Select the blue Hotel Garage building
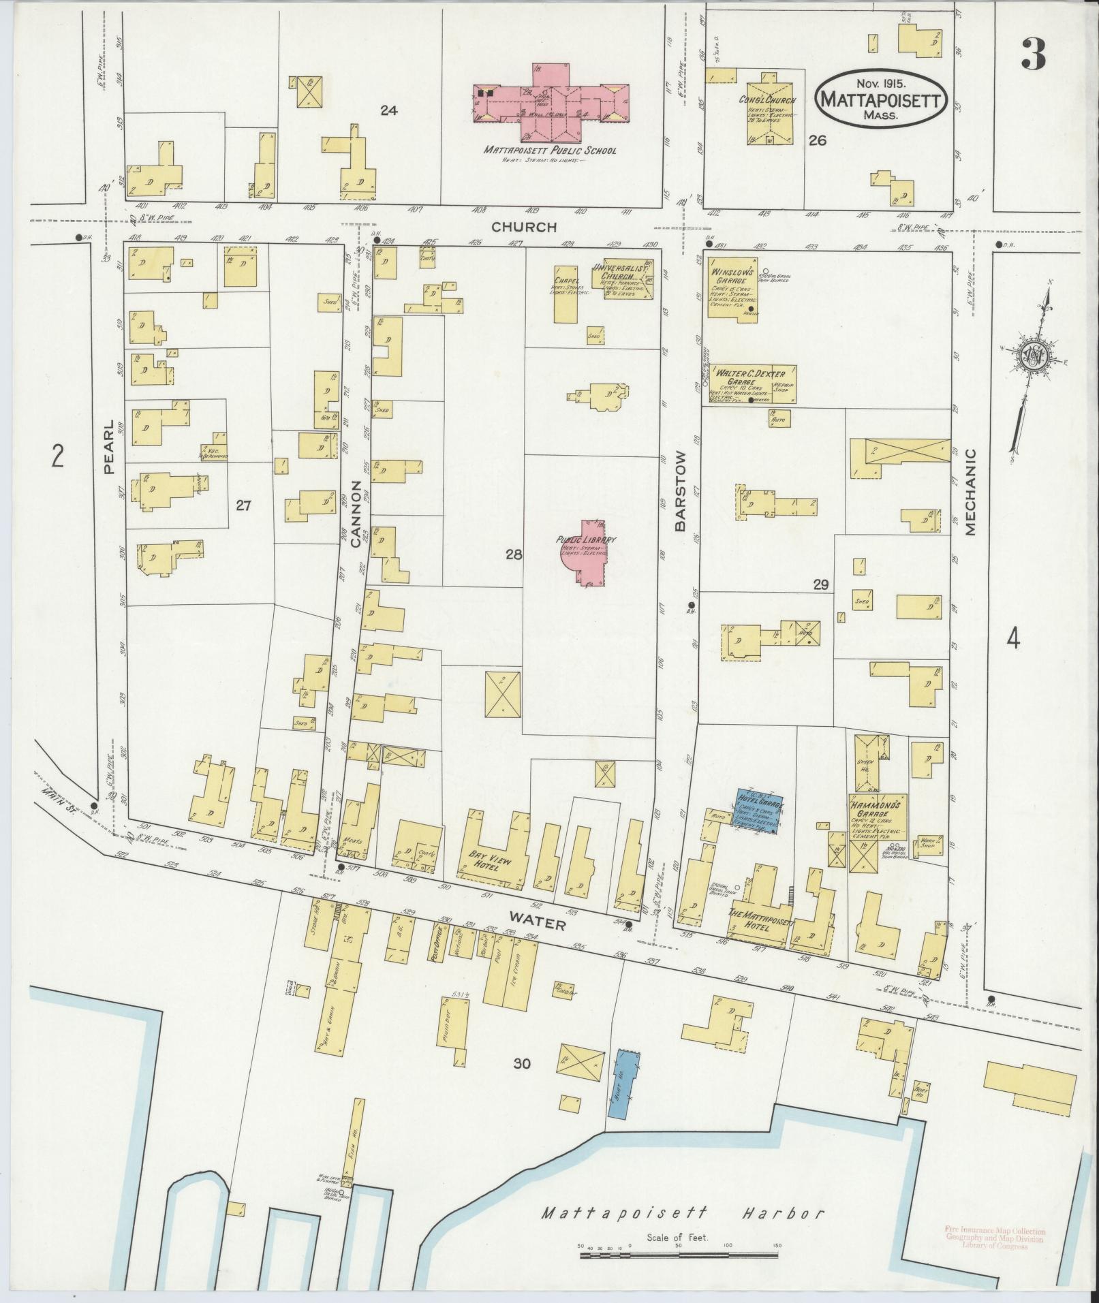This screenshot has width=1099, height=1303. tap(756, 811)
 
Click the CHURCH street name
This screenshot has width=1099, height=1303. tap(525, 227)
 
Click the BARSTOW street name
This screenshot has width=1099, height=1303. tap(679, 490)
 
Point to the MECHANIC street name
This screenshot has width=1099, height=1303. tap(970, 490)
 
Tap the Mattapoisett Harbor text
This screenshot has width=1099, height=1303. tap(683, 1212)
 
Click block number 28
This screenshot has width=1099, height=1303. tap(514, 554)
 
